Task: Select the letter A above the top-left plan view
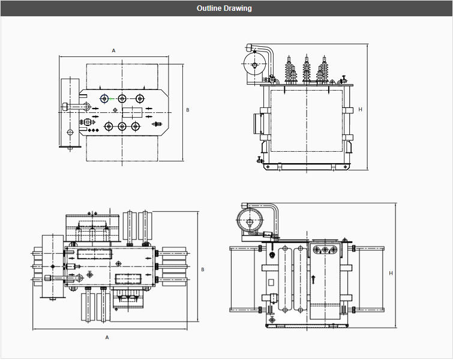click(113, 51)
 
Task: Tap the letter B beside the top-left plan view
click(187, 110)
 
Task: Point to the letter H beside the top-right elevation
click(360, 110)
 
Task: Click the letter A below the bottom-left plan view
click(107, 337)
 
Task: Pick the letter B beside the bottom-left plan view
click(203, 269)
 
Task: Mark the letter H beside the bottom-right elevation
click(391, 274)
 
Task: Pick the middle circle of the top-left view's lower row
click(122, 126)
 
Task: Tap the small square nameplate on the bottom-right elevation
click(271, 281)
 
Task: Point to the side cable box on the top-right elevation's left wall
click(261, 122)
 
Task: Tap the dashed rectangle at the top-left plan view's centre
click(131, 112)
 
